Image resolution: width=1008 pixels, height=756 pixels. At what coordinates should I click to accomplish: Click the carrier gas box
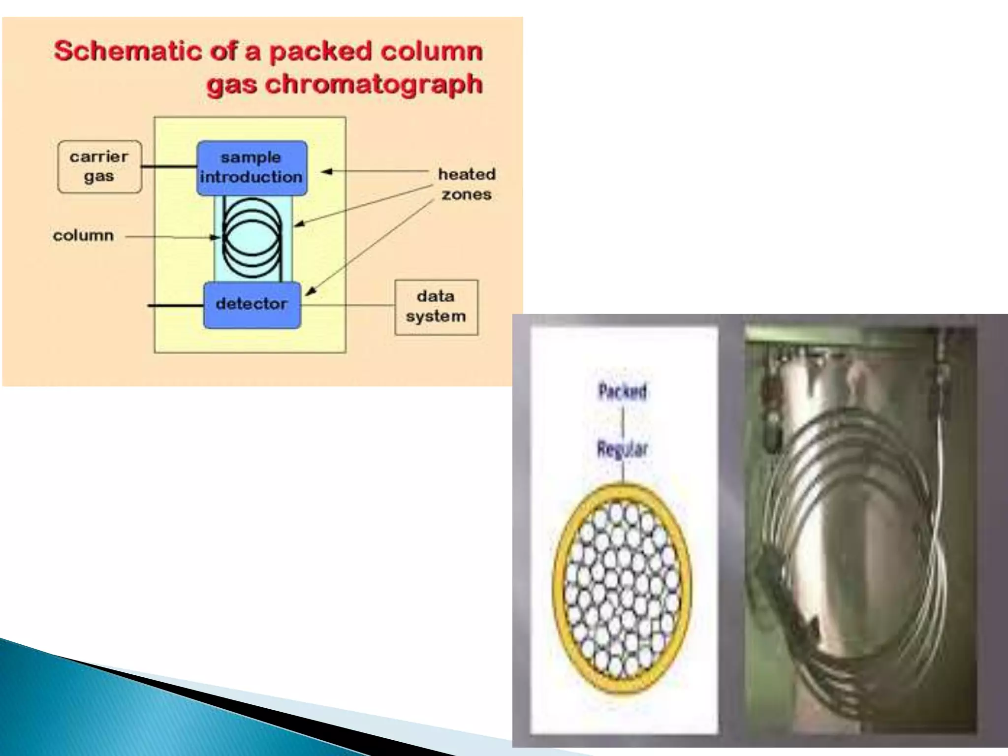pyautogui.click(x=99, y=167)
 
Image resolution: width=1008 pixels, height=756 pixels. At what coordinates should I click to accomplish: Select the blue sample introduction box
pyautogui.click(x=252, y=168)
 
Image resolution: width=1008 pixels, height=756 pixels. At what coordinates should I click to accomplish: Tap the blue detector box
pyautogui.click(x=252, y=305)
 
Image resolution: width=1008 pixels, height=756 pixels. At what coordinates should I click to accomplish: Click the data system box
pyautogui.click(x=436, y=307)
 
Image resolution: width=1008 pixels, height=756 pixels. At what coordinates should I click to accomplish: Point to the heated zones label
pyautogui.click(x=467, y=184)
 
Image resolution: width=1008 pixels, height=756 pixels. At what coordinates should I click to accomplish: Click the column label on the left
pyautogui.click(x=83, y=236)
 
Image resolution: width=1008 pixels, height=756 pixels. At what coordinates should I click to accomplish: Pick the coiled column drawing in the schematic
pyautogui.click(x=252, y=238)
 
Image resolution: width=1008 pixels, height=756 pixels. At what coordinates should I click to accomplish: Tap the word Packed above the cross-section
pyautogui.click(x=623, y=391)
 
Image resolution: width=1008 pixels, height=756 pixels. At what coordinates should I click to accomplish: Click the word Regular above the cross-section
pyautogui.click(x=623, y=449)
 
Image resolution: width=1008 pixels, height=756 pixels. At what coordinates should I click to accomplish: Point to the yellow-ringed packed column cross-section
pyautogui.click(x=622, y=588)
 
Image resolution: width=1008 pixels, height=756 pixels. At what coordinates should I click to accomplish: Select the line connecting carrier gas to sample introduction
pyautogui.click(x=169, y=167)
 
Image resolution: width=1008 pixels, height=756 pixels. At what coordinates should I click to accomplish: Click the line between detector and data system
pyautogui.click(x=347, y=306)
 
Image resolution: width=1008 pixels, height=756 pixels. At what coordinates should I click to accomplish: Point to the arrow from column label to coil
pyautogui.click(x=172, y=237)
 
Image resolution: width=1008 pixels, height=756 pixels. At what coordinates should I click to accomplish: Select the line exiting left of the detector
pyautogui.click(x=175, y=306)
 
